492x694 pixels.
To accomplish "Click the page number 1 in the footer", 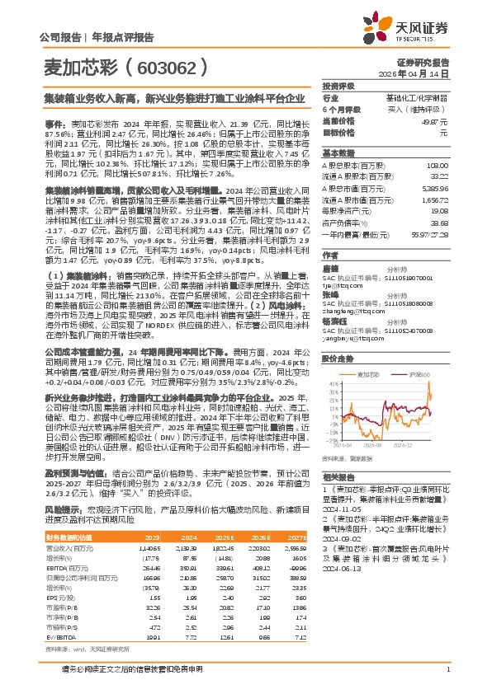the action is (447, 677).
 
